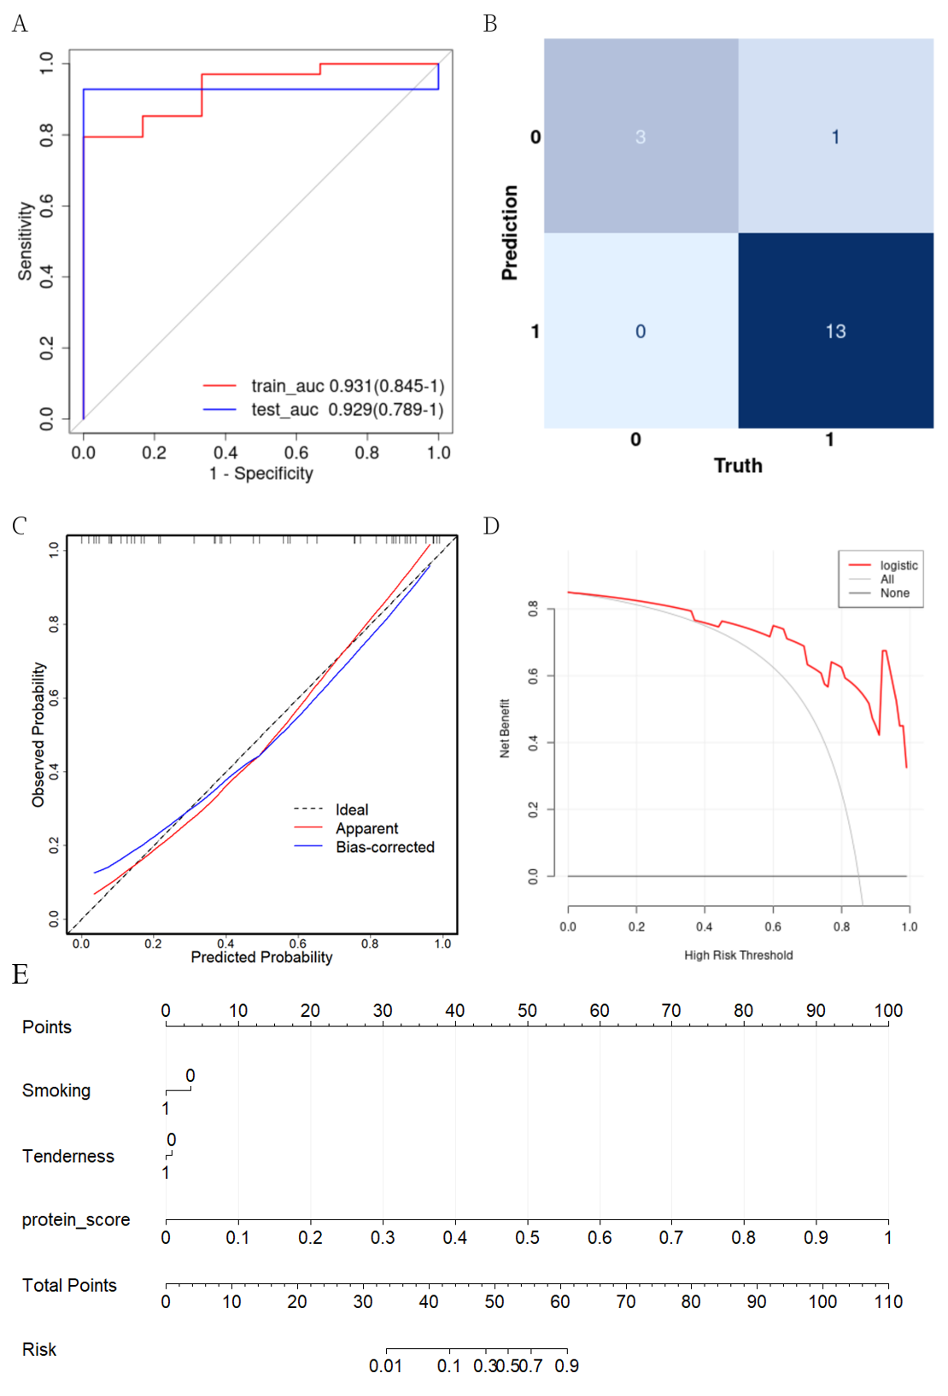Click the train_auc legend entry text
348,386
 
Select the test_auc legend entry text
348,410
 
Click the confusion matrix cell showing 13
835,331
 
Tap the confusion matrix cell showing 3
641,137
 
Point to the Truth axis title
738,465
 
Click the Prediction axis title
510,232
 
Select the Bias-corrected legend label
385,847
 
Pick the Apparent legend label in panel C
367,828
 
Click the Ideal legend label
352,809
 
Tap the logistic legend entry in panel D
898,565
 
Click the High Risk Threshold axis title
738,955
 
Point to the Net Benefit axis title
505,728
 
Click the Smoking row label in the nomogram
56,1090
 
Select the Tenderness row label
68,1156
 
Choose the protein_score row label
76,1220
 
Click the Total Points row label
69,1285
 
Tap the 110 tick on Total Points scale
888,1301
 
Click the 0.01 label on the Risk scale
385,1366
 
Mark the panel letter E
20,975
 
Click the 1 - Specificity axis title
261,473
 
